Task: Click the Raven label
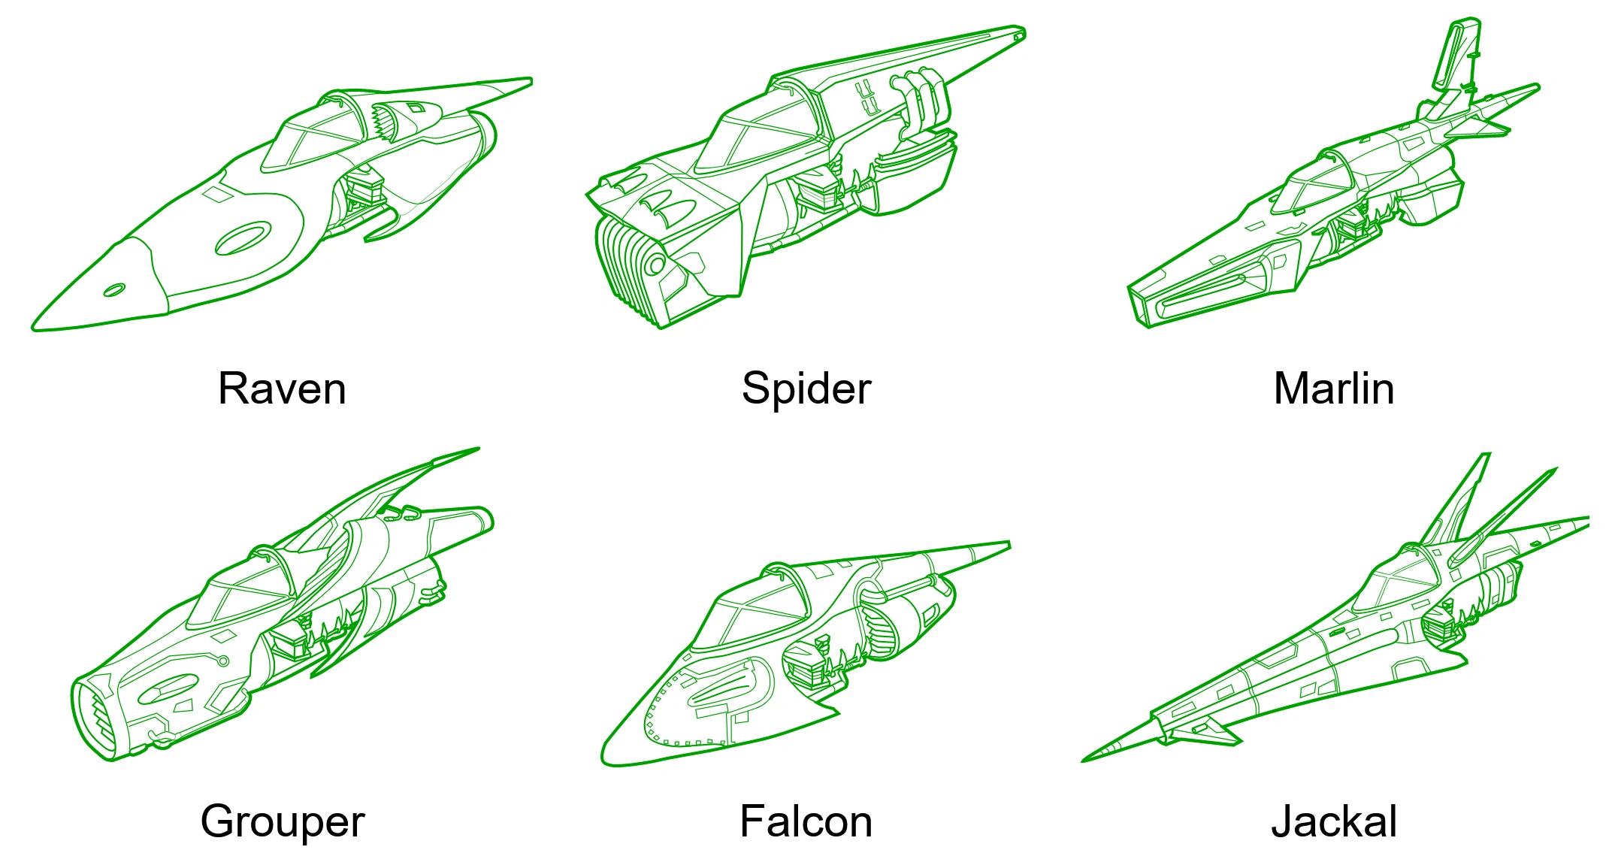point(282,389)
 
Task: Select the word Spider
point(806,390)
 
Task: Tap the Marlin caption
point(1334,389)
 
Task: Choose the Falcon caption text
point(806,821)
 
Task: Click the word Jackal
point(1334,821)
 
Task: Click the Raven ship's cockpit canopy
point(316,135)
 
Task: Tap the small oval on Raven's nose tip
point(114,290)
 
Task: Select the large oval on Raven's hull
point(243,238)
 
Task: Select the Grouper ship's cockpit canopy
point(240,594)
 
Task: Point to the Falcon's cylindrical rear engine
point(906,616)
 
